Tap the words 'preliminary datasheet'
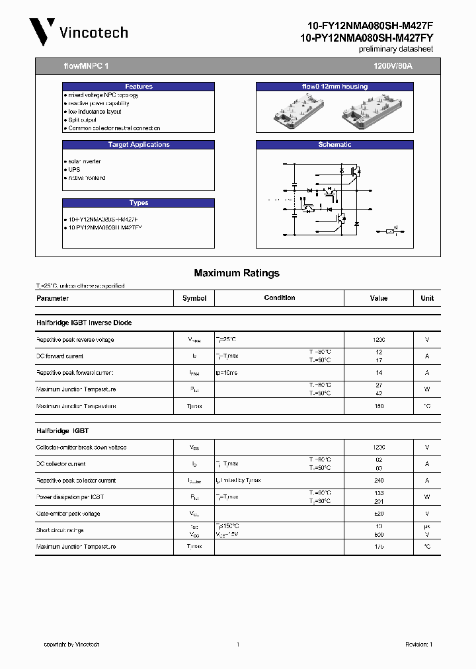395,50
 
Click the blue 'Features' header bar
139,87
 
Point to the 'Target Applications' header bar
139,145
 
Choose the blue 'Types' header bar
139,203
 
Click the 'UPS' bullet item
73,169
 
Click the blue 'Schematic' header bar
335,145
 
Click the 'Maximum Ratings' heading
237,273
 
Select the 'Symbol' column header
194,298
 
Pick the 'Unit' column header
427,298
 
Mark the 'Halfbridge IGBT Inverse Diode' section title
84,323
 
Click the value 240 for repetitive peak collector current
379,481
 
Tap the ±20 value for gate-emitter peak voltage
379,514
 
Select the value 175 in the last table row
379,547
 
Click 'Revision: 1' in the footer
418,645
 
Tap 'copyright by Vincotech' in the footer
71,645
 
